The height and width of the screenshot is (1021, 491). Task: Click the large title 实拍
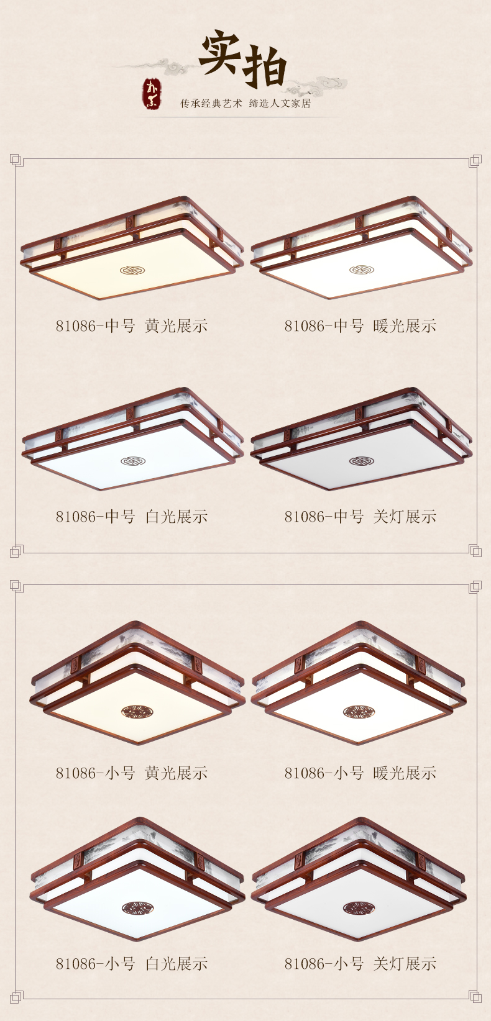[x=243, y=58]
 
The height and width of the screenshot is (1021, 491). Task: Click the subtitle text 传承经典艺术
[x=211, y=104]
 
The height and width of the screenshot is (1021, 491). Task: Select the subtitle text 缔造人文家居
[x=280, y=104]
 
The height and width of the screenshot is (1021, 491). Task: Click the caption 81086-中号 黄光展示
[x=131, y=326]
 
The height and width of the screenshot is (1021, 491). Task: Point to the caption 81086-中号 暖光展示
[x=360, y=326]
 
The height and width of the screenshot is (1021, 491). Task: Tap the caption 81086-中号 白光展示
[x=131, y=517]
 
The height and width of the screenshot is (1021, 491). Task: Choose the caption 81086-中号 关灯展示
[x=360, y=517]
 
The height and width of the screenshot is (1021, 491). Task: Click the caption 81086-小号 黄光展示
[x=131, y=773]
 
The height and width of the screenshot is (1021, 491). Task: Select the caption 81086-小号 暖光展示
[x=360, y=773]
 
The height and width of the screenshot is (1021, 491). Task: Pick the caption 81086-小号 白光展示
[x=131, y=964]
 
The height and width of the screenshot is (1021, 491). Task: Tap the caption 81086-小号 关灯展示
[x=360, y=964]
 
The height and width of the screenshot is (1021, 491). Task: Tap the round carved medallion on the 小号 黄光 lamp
[x=137, y=711]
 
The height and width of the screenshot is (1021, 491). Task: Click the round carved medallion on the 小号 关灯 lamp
[x=359, y=907]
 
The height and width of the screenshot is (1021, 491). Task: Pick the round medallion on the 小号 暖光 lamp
[x=359, y=712]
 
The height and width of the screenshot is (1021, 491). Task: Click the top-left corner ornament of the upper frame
[x=16, y=160]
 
